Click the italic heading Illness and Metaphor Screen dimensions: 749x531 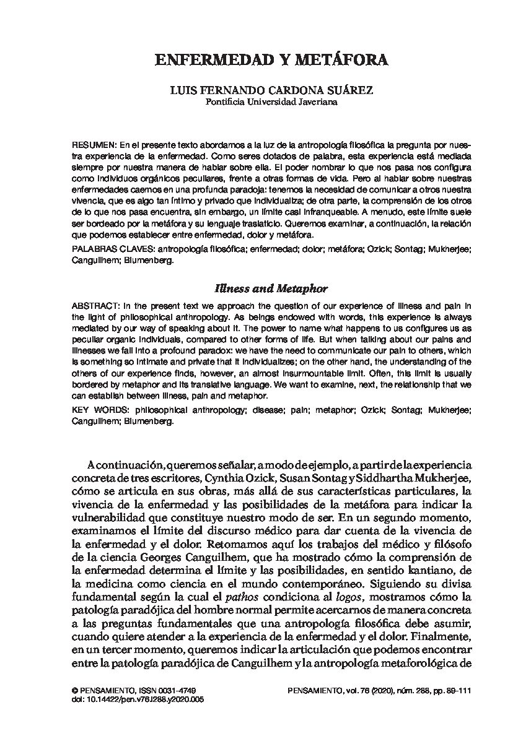pos(271,288)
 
